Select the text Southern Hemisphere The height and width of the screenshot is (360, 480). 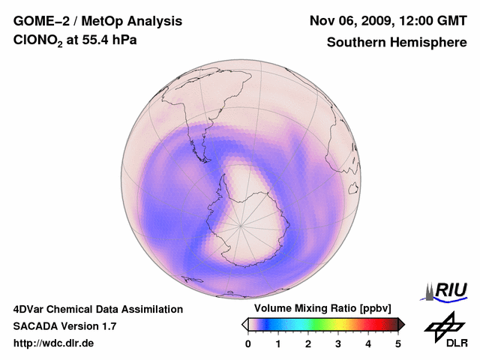pos(397,43)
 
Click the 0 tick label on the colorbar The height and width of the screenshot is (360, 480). pos(248,344)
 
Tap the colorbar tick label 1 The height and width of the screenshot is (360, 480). pos(278,344)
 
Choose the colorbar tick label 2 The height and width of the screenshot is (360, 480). pos(308,344)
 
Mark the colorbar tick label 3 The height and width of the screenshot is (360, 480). pos(338,344)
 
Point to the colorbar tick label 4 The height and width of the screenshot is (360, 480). pos(368,344)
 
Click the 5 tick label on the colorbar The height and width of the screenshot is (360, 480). pos(398,344)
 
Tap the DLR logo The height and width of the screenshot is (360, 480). pos(445,330)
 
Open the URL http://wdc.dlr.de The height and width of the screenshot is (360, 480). pos(54,344)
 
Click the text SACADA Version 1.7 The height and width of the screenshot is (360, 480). pos(64,327)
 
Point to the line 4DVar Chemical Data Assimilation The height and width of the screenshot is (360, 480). pos(97,309)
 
